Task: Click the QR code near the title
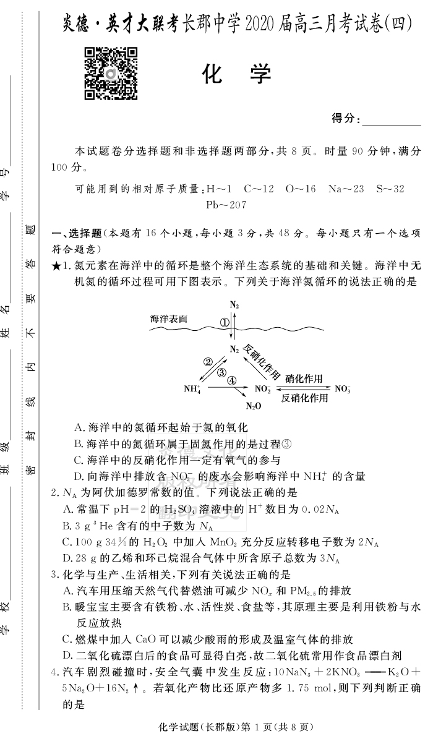[x=110, y=73]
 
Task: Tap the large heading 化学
[x=236, y=74]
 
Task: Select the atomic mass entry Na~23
[x=346, y=189]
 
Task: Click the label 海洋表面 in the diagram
[x=168, y=319]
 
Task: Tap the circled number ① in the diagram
[x=225, y=322]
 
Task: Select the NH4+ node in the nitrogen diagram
[x=192, y=390]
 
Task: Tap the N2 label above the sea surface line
[x=234, y=305]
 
